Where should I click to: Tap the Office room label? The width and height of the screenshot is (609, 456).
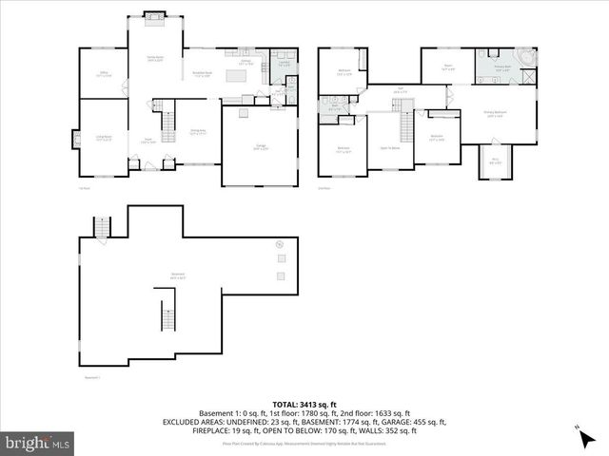tap(104, 73)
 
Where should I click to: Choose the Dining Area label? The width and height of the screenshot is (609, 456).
tap(198, 133)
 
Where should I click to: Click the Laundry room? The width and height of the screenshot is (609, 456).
tap(284, 65)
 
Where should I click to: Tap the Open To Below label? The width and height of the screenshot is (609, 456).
tap(389, 148)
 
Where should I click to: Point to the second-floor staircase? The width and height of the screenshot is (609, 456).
tap(408, 125)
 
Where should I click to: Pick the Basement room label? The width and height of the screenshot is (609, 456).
tap(177, 276)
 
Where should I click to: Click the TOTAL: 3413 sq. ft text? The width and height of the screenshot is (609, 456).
tap(306, 405)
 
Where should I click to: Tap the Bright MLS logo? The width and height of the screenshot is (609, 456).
tap(38, 442)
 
